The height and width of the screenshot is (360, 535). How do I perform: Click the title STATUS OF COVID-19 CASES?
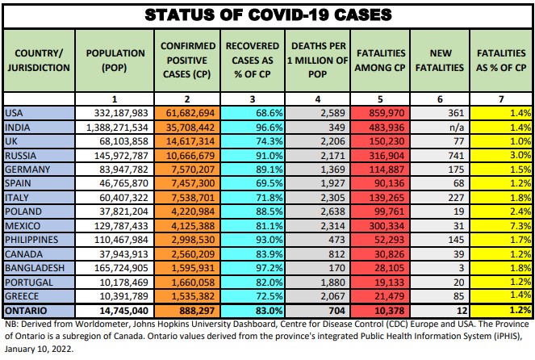(x=268, y=15)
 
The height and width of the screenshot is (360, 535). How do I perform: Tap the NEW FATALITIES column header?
(x=440, y=61)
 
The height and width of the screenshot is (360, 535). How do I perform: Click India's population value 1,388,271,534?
(x=117, y=128)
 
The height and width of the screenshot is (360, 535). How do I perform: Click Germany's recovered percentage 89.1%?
(x=252, y=167)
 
